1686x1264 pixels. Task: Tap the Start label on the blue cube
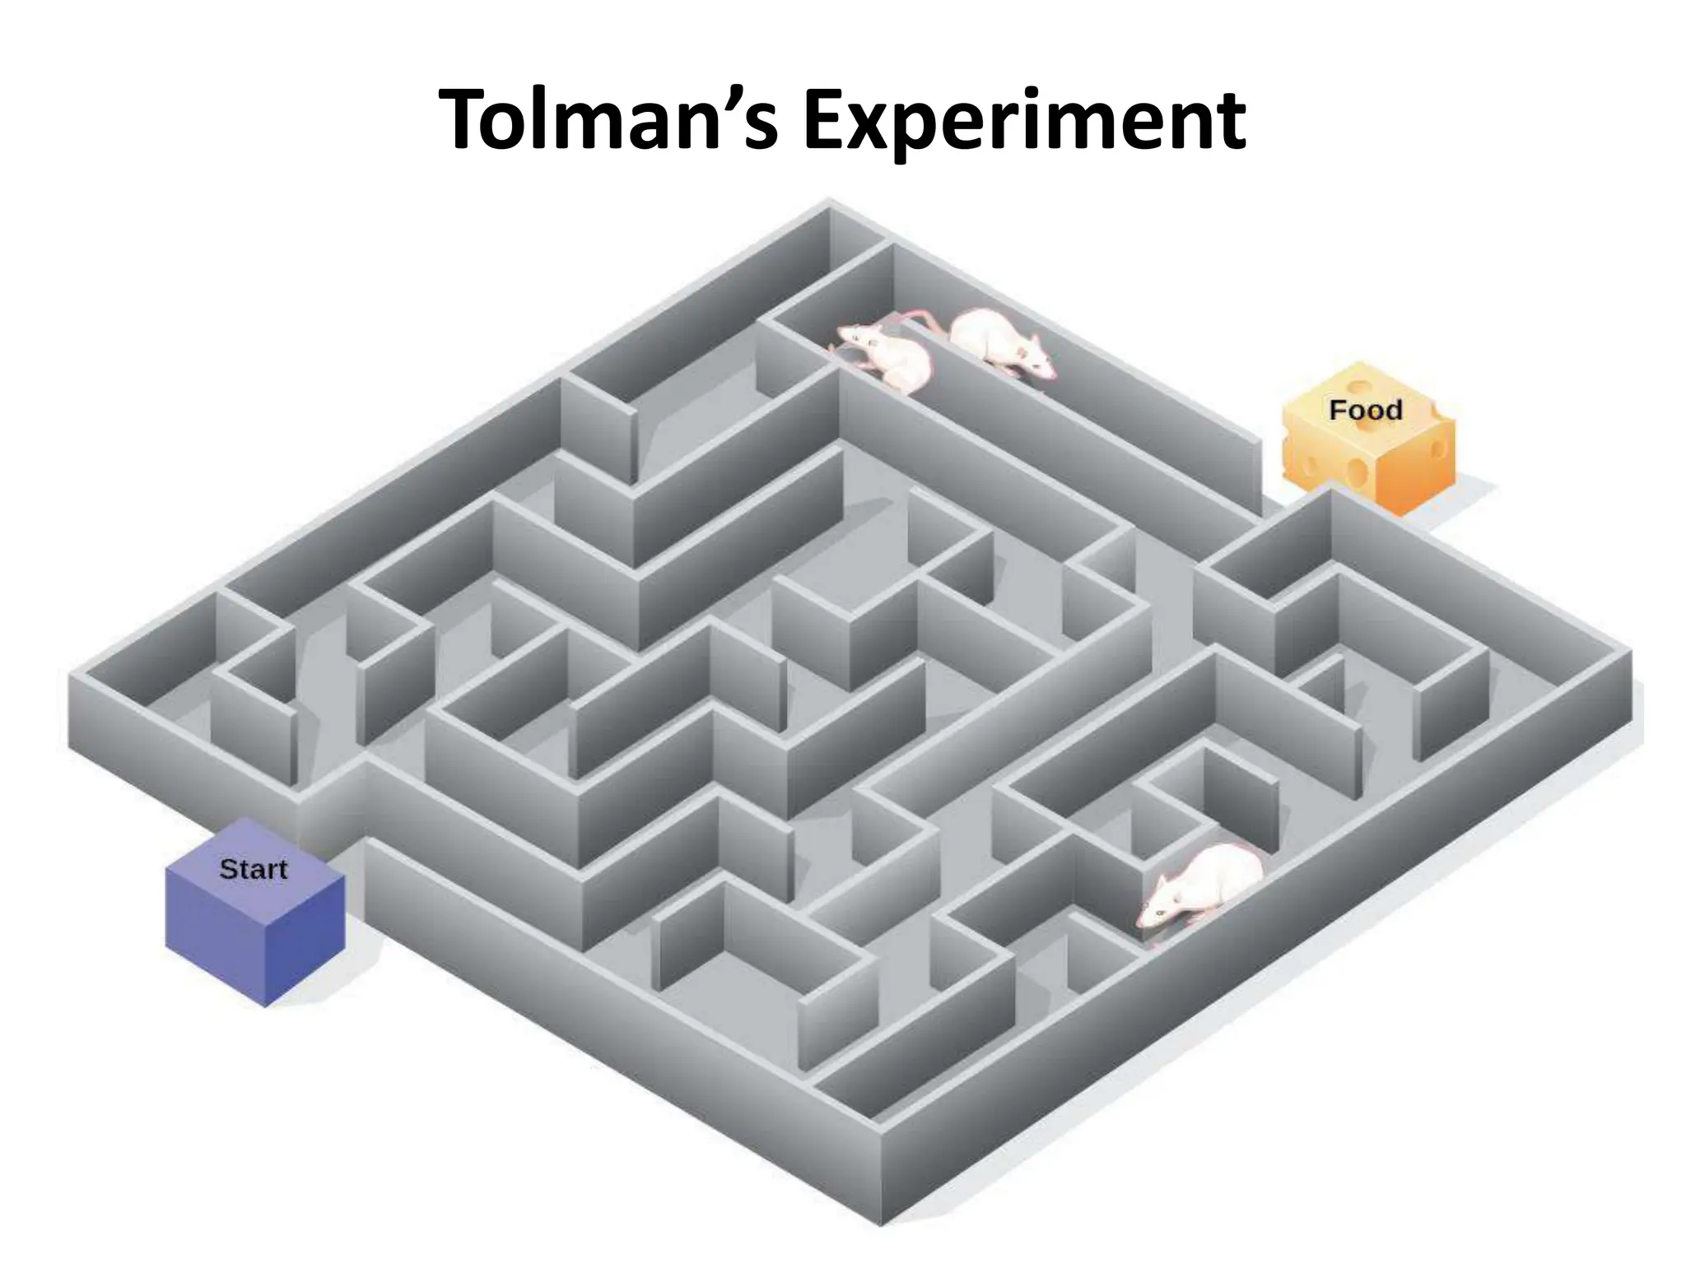click(253, 869)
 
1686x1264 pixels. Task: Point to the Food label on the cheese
click(1365, 410)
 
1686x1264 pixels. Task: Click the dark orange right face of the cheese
click(1414, 469)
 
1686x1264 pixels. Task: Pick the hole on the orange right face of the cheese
click(1439, 449)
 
